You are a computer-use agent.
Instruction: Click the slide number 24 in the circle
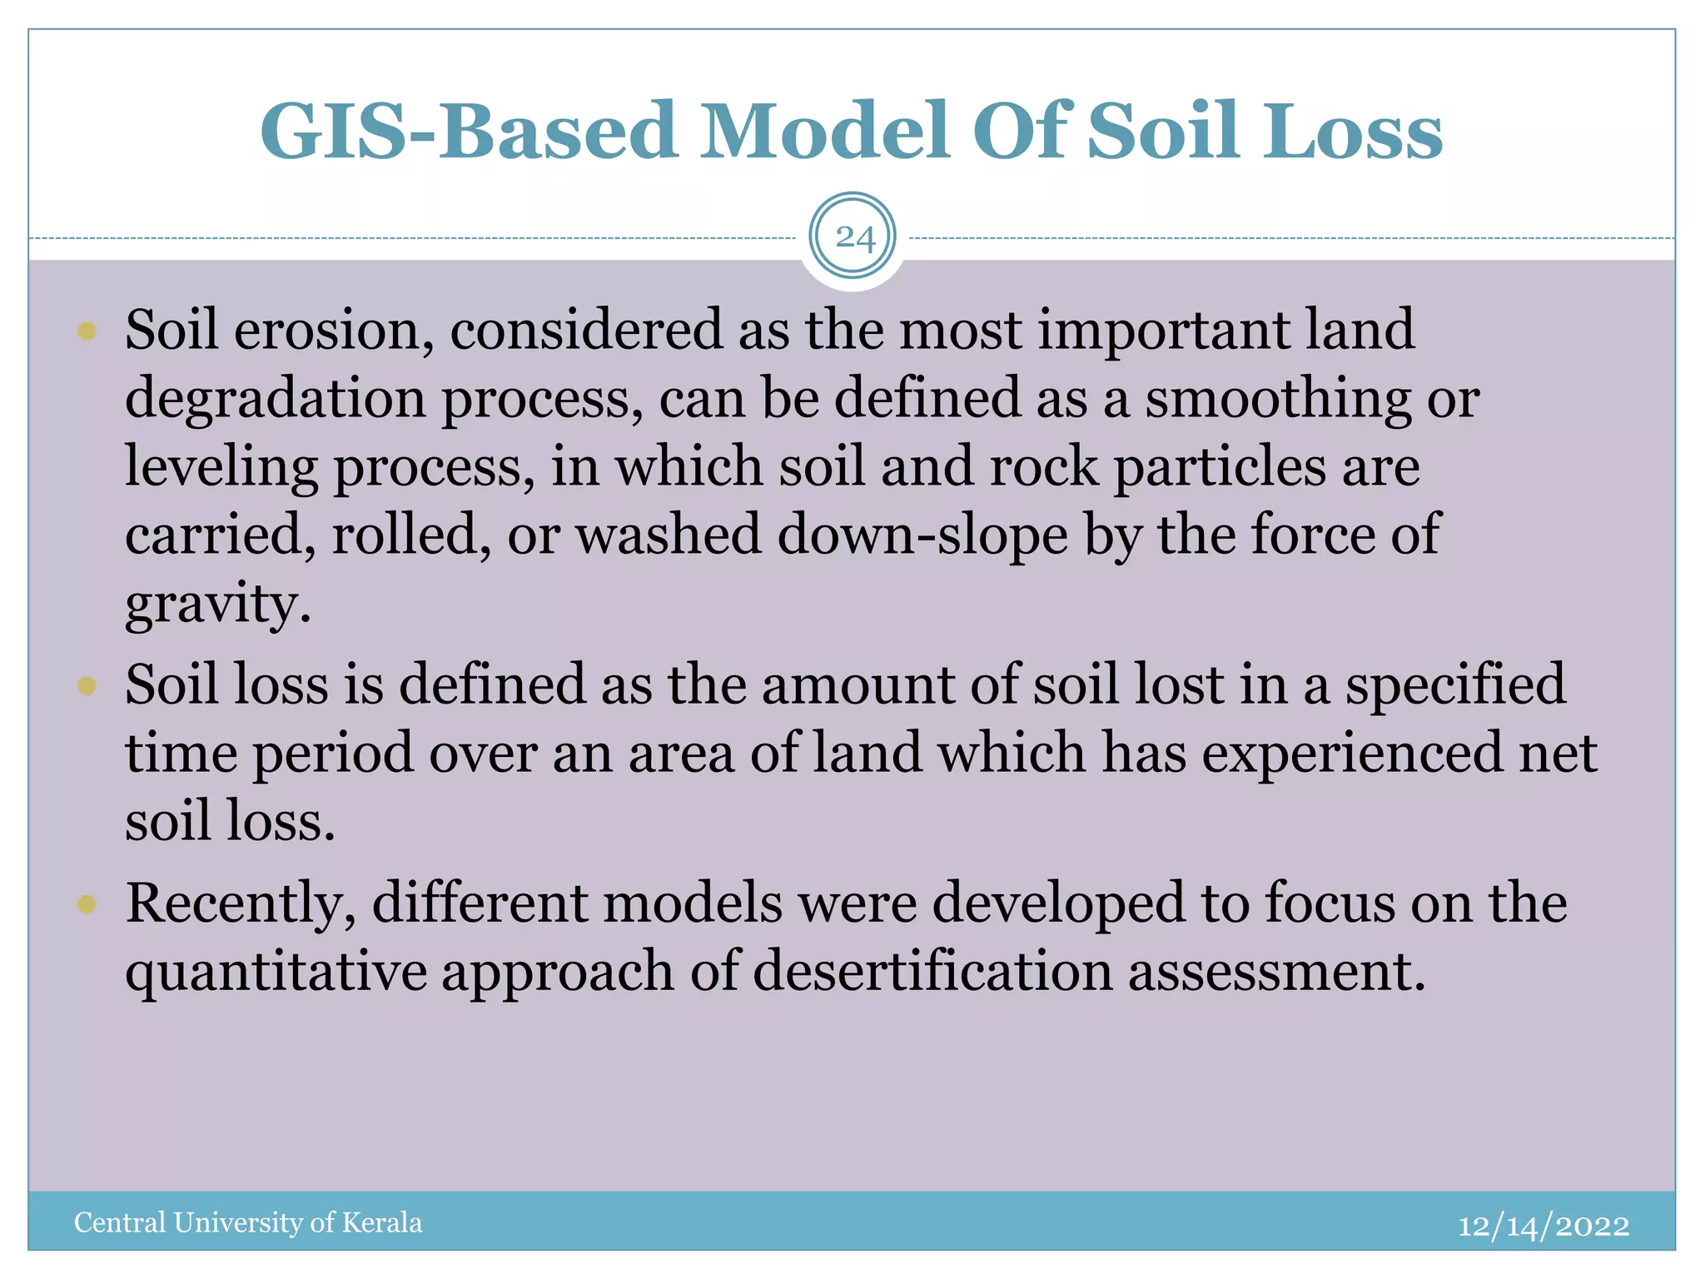[853, 238]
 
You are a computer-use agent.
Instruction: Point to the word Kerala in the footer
[382, 1222]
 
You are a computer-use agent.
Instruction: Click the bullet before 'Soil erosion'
[87, 331]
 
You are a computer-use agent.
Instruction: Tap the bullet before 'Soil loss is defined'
[87, 686]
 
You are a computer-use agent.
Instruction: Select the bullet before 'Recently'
[87, 904]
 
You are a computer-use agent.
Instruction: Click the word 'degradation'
[275, 400]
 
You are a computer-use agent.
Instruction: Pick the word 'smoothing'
[1278, 400]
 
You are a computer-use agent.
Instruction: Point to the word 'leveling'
[221, 468]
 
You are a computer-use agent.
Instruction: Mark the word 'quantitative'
[276, 973]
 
